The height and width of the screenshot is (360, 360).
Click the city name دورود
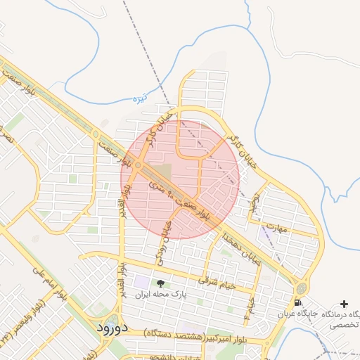click(111, 328)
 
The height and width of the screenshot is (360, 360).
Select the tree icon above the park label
click(161, 284)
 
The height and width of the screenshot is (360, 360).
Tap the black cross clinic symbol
click(343, 304)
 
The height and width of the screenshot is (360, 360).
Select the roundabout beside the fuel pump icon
click(301, 287)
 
